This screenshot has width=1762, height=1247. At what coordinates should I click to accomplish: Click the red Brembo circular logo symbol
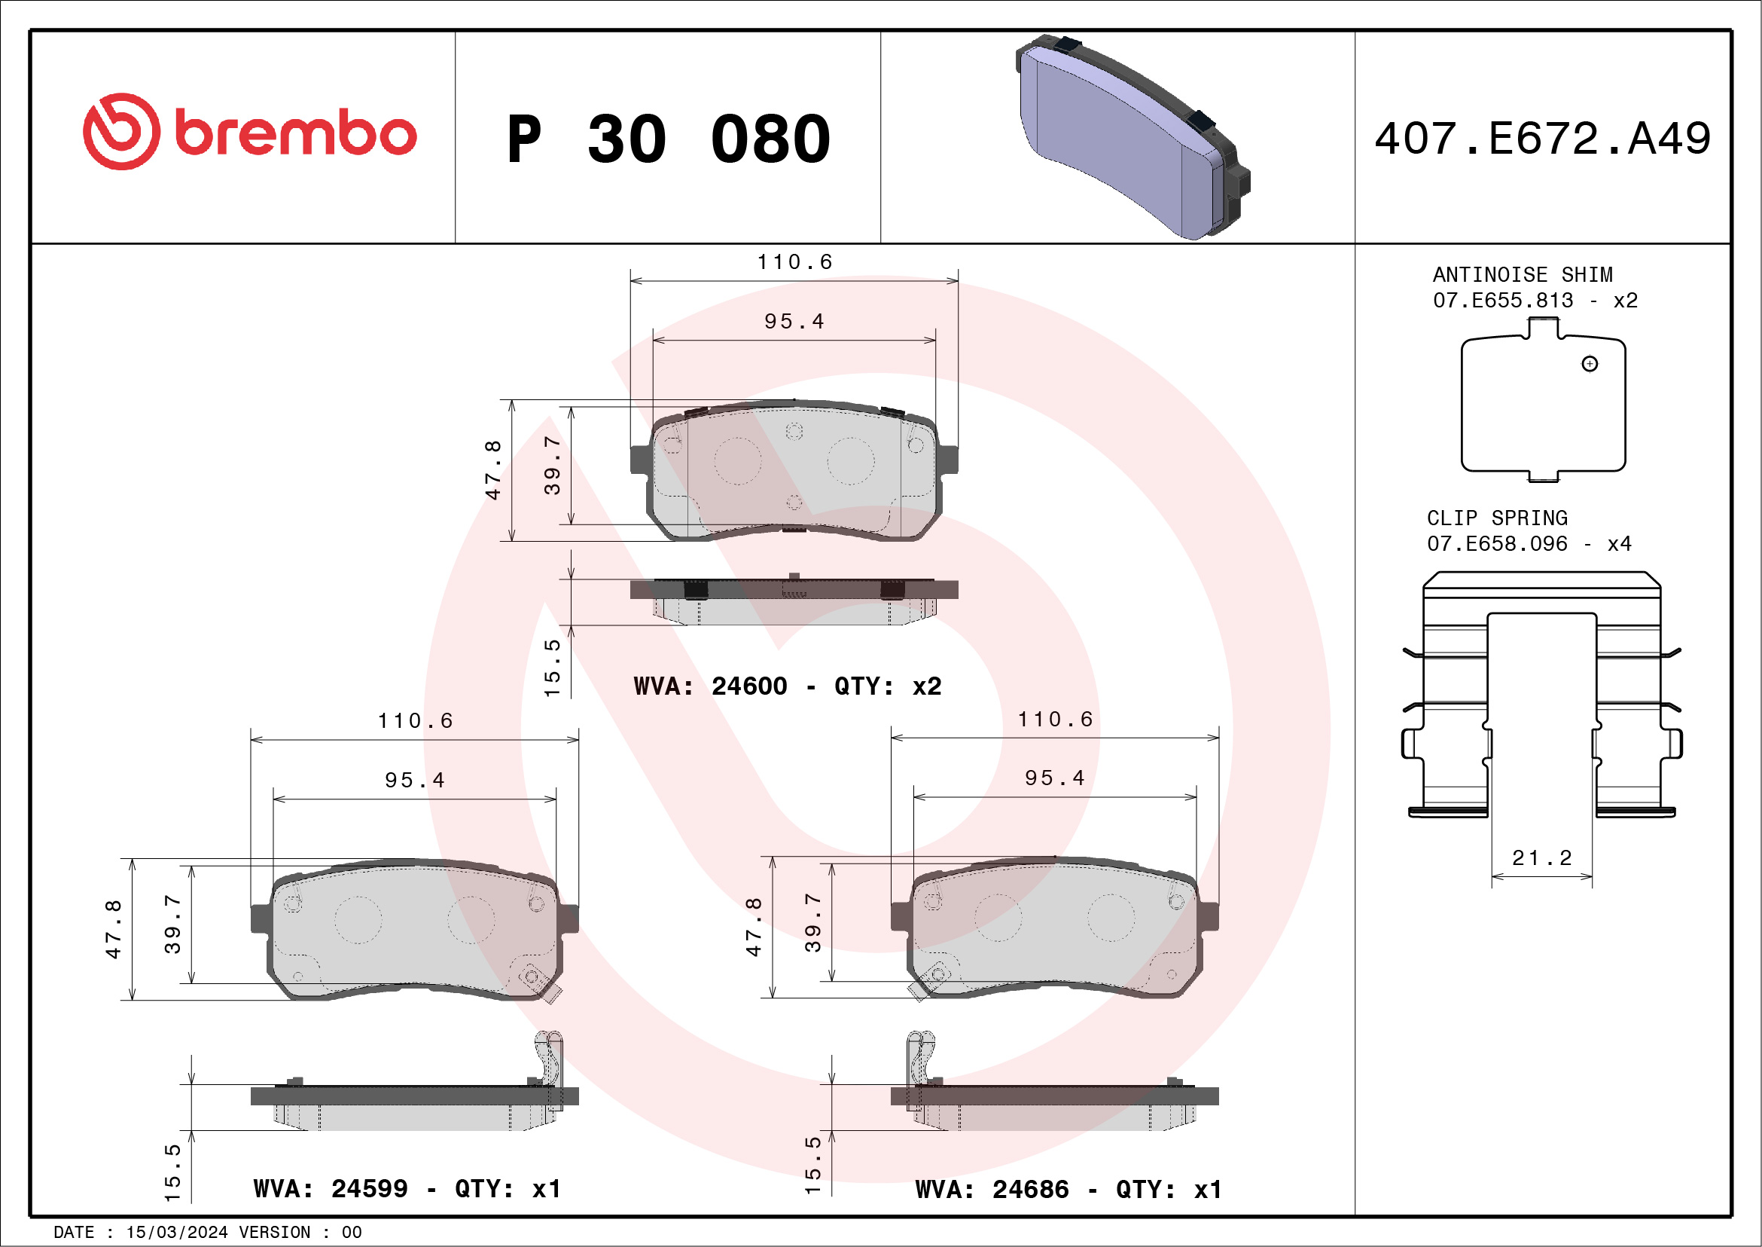click(x=122, y=131)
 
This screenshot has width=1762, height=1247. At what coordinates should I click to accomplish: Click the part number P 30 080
click(x=669, y=139)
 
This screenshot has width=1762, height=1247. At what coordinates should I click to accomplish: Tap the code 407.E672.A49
click(x=1543, y=138)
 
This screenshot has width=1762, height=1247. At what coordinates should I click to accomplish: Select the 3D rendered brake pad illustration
click(x=1132, y=136)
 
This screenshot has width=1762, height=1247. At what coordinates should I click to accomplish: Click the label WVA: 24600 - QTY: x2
click(x=788, y=686)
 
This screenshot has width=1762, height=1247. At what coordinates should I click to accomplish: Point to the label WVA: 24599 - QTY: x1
click(x=407, y=1189)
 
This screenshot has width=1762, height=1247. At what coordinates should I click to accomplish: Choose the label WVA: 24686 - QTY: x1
click(x=1068, y=1190)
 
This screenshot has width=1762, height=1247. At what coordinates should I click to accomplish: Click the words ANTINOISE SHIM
click(x=1523, y=274)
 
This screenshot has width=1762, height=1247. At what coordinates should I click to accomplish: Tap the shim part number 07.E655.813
click(x=1503, y=299)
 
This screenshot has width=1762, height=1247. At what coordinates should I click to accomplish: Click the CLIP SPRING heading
click(x=1496, y=518)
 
